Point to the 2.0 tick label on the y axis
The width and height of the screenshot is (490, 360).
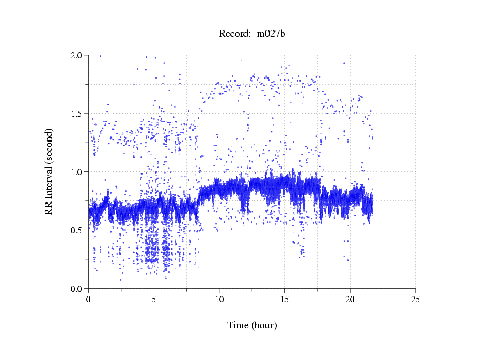coord(77,55)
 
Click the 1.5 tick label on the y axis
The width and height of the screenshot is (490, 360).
coord(77,114)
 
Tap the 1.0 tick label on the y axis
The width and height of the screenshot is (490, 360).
coord(77,172)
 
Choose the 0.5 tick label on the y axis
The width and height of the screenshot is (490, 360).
coord(77,230)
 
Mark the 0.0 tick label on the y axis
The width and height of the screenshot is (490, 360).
coord(77,289)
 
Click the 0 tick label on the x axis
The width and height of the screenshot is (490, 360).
coord(88,299)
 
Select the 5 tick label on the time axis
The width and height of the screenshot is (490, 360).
coord(154,299)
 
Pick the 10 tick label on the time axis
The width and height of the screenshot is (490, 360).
coord(219,299)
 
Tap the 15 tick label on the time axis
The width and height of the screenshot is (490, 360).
coord(284,299)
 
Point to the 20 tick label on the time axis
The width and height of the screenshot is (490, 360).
coord(350,299)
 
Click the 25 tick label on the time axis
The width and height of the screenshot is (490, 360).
coord(416,299)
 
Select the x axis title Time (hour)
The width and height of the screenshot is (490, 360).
coord(252,326)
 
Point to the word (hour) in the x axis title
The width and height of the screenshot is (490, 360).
coord(264,326)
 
